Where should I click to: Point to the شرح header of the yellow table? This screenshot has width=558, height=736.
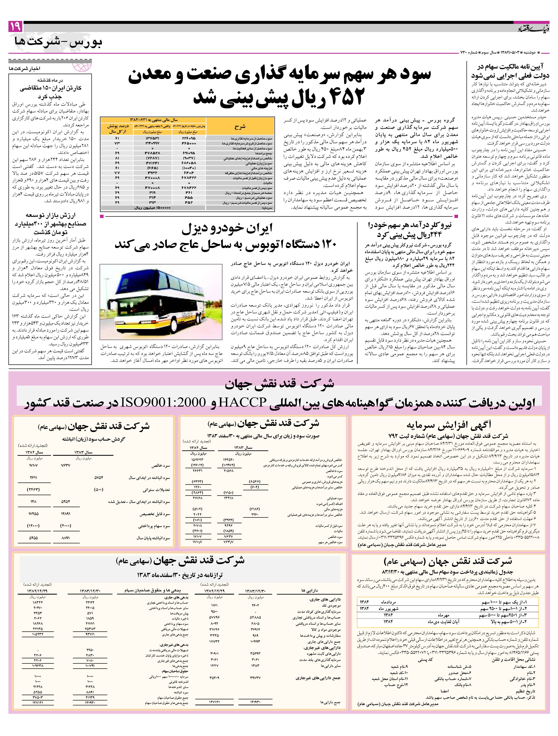[240, 127]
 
